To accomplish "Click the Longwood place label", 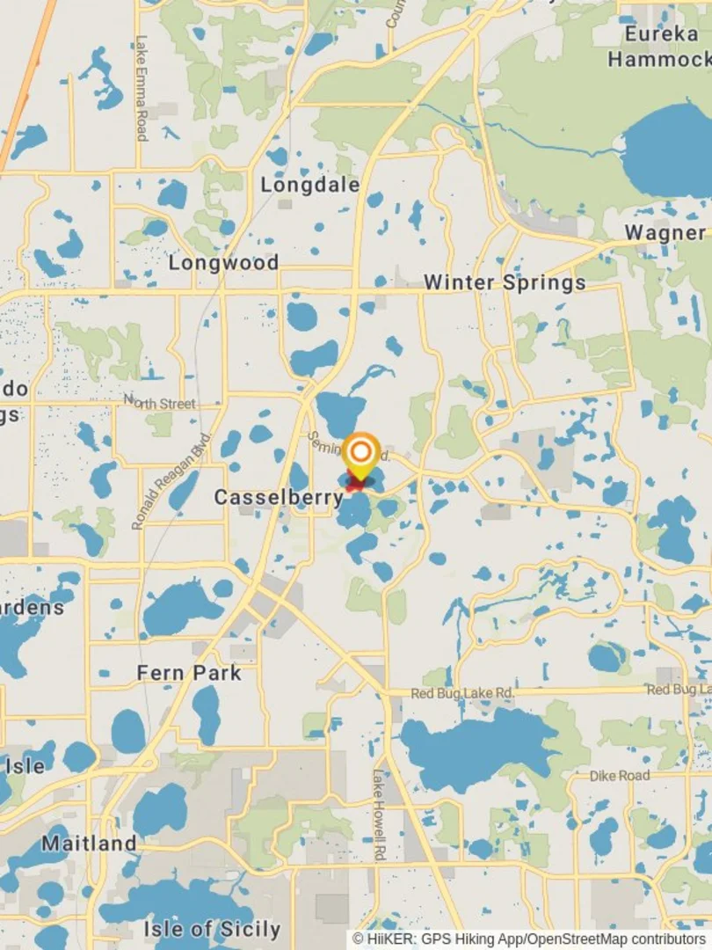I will [223, 263].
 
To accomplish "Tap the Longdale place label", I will [310, 185].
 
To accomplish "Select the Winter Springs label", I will [505, 283].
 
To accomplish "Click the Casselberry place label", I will [279, 498].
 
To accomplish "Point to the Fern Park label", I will [188, 673].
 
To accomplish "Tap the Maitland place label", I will [89, 844].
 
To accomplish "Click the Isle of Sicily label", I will [212, 929].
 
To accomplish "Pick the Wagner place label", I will [665, 233].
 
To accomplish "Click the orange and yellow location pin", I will [360, 454].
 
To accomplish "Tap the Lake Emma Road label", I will [142, 88].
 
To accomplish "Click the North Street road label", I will [160, 404].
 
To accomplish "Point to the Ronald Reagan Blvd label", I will [172, 481].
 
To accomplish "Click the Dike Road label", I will [620, 776].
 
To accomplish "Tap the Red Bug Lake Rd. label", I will [462, 694].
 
